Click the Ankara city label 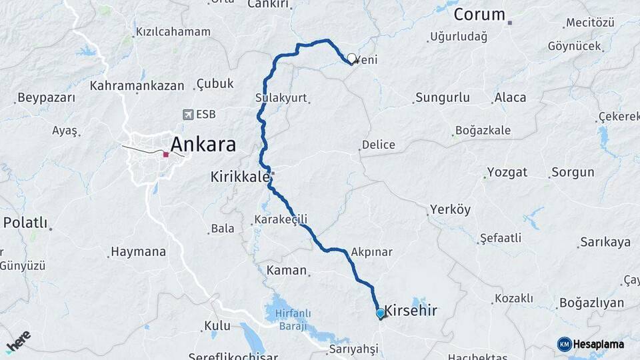(203, 144)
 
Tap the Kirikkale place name (239, 177)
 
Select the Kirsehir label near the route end (411, 310)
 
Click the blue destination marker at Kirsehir (380, 313)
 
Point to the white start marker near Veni (351, 58)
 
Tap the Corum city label (480, 14)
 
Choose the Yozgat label (507, 172)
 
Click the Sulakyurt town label (281, 98)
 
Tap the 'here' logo (18, 341)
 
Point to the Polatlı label (25, 223)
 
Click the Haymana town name (138, 252)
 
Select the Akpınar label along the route (371, 252)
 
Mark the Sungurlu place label (442, 98)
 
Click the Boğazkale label (483, 131)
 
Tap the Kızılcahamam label (173, 31)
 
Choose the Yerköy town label (450, 209)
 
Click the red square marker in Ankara (165, 154)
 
